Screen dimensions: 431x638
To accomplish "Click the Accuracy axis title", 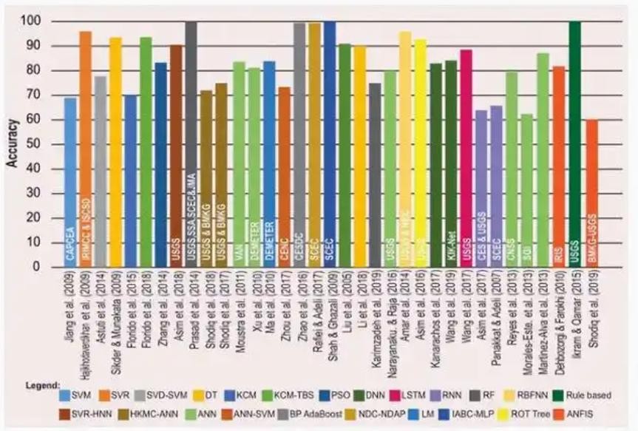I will click(x=14, y=144).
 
